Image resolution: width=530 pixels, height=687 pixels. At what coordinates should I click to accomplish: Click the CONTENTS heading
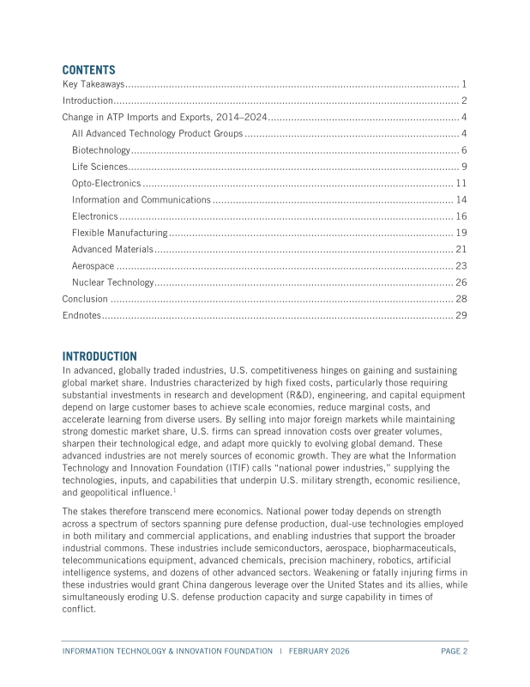(88, 70)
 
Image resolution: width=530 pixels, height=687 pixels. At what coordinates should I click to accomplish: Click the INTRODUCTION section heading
(99, 356)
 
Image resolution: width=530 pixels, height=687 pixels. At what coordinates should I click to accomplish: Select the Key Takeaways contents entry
(94, 85)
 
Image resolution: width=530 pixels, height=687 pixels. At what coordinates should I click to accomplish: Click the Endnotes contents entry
(81, 315)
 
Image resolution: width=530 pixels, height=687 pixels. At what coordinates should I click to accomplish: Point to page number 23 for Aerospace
(461, 265)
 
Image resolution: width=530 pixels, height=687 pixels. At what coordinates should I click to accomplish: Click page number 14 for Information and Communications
(461, 200)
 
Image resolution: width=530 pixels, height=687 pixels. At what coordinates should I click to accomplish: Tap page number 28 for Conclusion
(461, 299)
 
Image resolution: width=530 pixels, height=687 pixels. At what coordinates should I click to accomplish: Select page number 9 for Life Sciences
(463, 167)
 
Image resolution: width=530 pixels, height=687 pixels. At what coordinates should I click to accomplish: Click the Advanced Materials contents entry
(112, 249)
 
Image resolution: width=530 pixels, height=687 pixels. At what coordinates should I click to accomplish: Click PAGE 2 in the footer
(454, 651)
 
